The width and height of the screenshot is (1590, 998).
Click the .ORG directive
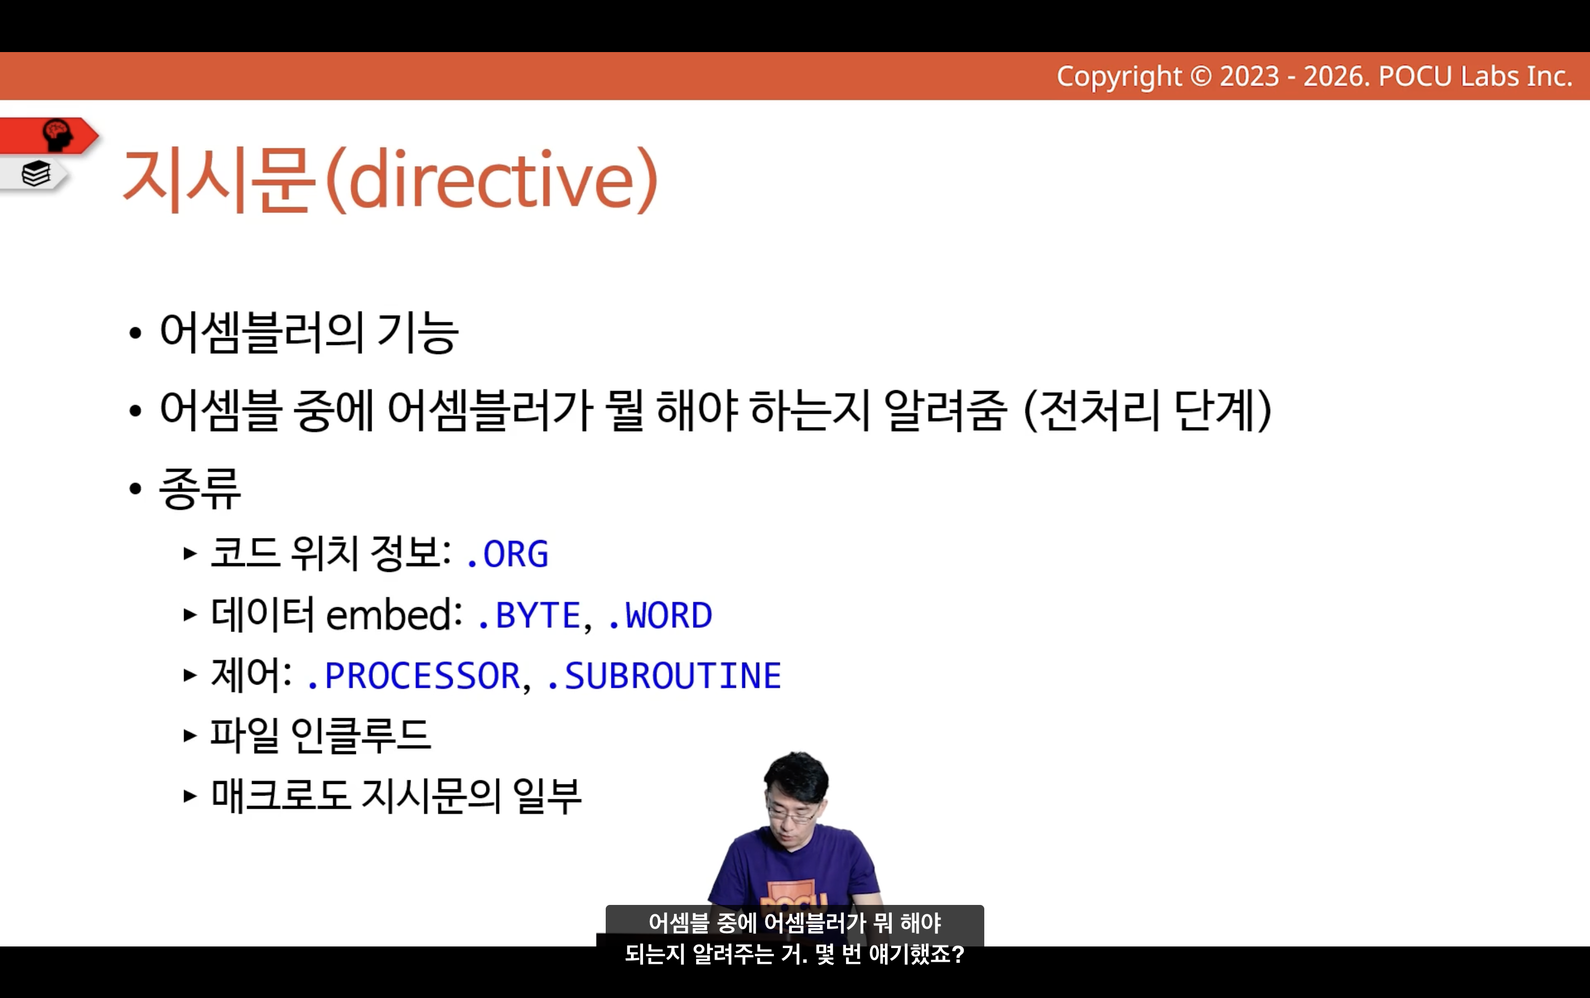pyautogui.click(x=507, y=554)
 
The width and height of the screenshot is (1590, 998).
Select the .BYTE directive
pyautogui.click(x=528, y=615)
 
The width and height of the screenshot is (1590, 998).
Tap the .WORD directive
pyautogui.click(x=659, y=615)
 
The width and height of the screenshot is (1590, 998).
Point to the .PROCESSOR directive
pyautogui.click(x=414, y=676)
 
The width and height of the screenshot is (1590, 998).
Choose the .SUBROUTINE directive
pyautogui.click(x=664, y=676)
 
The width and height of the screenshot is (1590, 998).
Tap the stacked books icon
pyautogui.click(x=36, y=174)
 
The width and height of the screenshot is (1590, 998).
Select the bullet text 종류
pyautogui.click(x=200, y=488)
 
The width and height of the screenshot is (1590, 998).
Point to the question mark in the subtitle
pyautogui.click(x=959, y=954)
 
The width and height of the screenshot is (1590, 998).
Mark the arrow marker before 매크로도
pyautogui.click(x=190, y=796)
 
